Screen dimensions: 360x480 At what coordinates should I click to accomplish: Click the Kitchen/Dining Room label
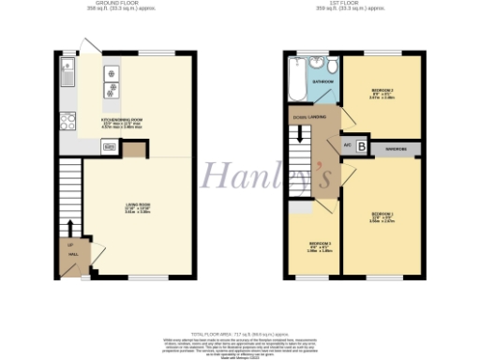coord(122,122)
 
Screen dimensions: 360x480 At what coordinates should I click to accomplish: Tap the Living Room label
coord(138,208)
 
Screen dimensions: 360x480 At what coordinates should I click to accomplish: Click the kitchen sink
coord(67,70)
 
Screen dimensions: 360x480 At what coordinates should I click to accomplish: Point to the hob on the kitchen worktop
coord(112,82)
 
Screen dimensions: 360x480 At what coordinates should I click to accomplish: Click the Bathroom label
coord(322,82)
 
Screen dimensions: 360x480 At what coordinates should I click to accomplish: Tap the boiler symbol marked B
coord(361,148)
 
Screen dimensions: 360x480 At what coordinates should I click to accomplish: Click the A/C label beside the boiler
coord(347,145)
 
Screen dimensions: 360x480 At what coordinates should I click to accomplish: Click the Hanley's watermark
coord(239,174)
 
